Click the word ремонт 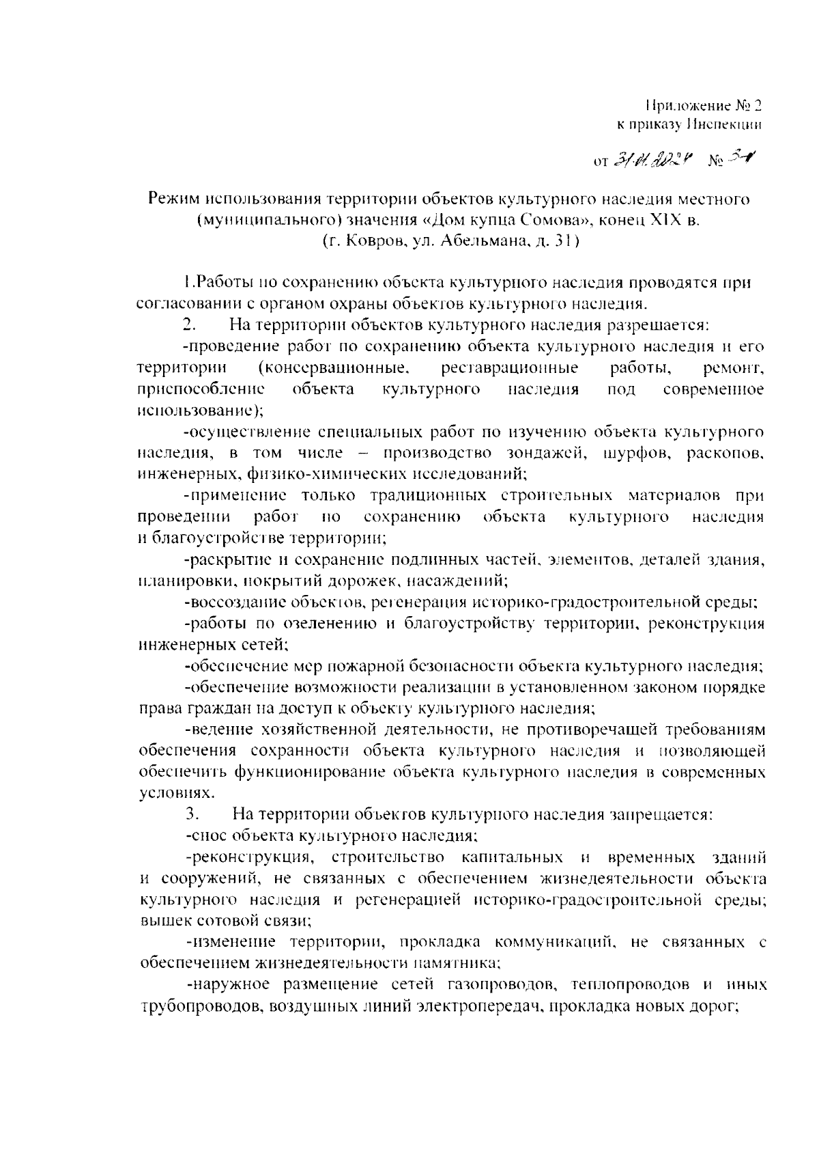(x=733, y=369)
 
